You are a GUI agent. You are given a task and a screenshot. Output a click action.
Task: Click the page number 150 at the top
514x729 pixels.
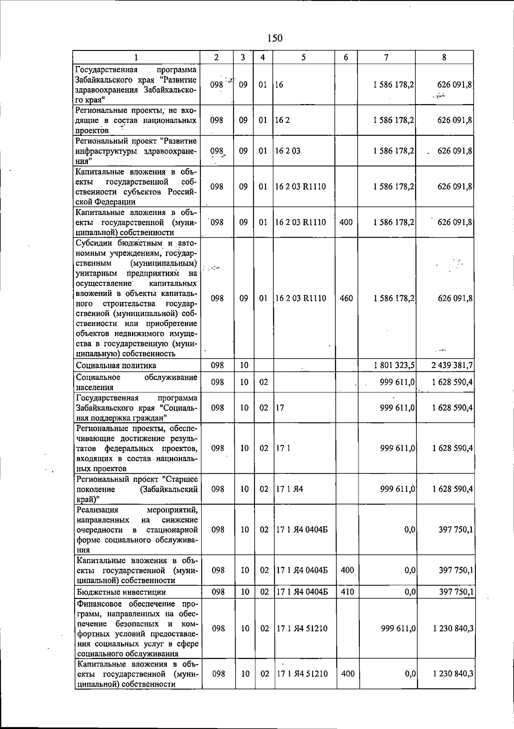[x=275, y=38]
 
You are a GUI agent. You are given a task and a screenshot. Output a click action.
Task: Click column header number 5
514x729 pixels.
[x=303, y=57]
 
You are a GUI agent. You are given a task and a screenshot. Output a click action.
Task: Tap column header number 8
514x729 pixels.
[x=444, y=57]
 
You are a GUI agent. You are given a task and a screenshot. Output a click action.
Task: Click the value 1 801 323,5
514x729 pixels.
[x=394, y=365]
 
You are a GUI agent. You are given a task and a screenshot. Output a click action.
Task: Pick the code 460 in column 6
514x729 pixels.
[x=346, y=299]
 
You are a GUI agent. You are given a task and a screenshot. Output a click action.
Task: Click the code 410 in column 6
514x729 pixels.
[x=347, y=592]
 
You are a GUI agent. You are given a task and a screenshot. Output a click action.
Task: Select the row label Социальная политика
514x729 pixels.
[x=116, y=365]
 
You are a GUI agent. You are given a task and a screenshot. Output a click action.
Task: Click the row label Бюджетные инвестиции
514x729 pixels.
[x=121, y=592]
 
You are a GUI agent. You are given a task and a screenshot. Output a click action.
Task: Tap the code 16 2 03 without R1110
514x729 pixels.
[x=288, y=151]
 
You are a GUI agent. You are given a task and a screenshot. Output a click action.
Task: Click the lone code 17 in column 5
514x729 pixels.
[x=280, y=408]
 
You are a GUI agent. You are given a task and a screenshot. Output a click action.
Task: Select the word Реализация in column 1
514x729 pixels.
[x=97, y=510]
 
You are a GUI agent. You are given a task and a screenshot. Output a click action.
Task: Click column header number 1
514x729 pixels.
[x=136, y=57]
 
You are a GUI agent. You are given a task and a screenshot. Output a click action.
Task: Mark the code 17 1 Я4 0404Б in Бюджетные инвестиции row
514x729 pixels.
[x=302, y=592]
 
